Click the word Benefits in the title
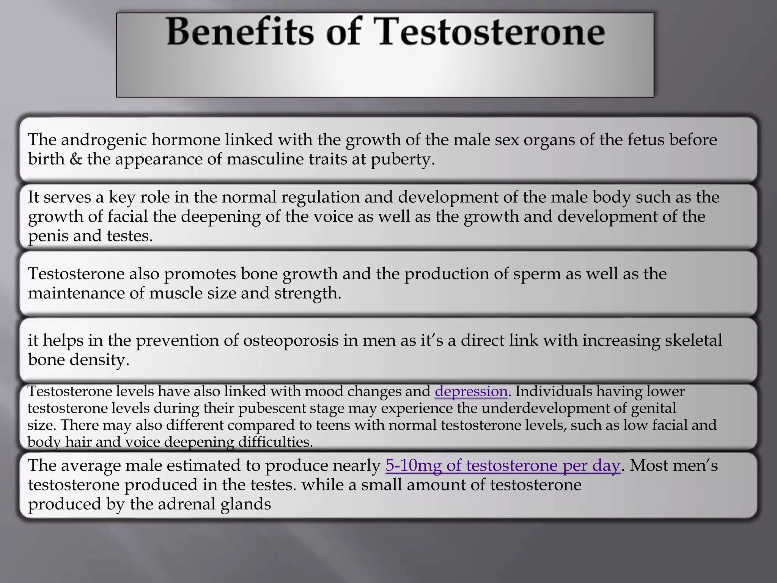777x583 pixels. [241, 33]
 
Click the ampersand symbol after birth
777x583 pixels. [76, 159]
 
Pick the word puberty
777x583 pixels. [402, 159]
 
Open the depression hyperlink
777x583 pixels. [471, 391]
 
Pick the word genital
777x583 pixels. [653, 408]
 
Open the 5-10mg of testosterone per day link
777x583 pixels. [503, 465]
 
